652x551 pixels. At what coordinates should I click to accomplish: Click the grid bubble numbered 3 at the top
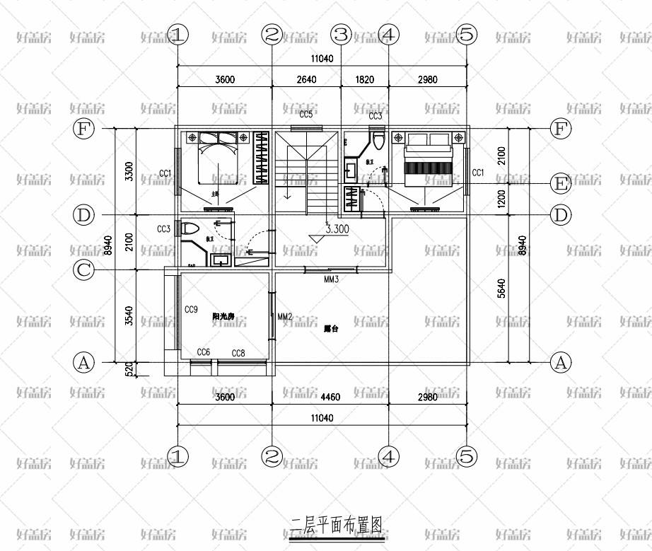click(x=342, y=34)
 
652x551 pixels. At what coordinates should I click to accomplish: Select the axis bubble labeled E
click(x=561, y=184)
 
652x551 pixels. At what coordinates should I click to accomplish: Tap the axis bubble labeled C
click(x=84, y=269)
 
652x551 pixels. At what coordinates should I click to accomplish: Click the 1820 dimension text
click(x=364, y=80)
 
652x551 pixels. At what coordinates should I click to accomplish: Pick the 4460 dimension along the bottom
click(x=330, y=397)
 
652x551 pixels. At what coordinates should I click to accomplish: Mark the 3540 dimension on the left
click(x=128, y=315)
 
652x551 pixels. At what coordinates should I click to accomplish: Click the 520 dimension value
click(x=128, y=369)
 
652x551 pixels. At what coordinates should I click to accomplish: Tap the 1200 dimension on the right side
click(x=501, y=199)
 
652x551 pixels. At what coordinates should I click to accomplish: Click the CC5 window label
click(x=305, y=115)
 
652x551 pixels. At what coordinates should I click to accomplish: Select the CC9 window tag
click(x=191, y=310)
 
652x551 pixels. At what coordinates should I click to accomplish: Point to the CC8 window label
click(x=238, y=352)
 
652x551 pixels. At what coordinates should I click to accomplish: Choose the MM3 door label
click(x=332, y=279)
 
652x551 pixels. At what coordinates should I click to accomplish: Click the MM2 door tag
click(x=285, y=316)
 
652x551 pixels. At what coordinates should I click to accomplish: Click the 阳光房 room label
click(x=224, y=318)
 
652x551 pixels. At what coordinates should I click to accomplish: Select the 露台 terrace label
click(x=330, y=328)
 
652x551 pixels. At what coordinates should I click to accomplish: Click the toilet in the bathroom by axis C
click(x=190, y=229)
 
